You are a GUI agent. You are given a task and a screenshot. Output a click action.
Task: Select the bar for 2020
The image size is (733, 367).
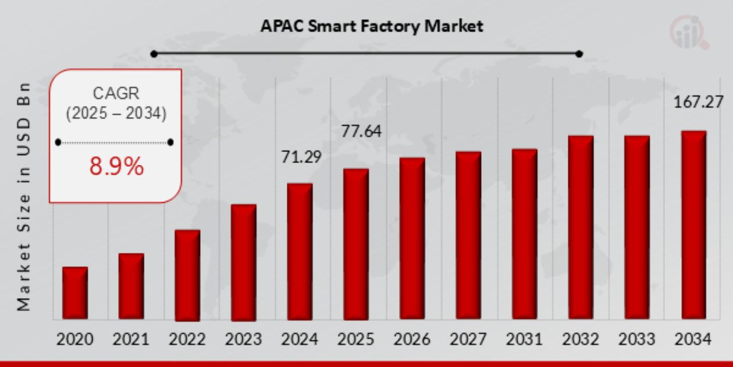point(75,293)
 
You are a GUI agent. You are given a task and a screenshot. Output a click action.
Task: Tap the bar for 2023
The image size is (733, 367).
point(244,262)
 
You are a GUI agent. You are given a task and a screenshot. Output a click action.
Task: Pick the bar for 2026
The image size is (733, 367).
point(412,239)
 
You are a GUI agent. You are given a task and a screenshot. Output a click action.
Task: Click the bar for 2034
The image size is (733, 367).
point(693,225)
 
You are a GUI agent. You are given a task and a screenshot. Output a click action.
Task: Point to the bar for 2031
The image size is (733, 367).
point(525,234)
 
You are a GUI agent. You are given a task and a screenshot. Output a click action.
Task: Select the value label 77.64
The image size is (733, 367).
point(361,132)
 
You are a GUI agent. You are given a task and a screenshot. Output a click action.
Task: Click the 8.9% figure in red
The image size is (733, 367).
point(116,167)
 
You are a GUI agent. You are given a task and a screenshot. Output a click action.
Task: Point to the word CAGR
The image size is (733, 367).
point(116,93)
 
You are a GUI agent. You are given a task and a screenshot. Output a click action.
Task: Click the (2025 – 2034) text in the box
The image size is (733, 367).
point(116,114)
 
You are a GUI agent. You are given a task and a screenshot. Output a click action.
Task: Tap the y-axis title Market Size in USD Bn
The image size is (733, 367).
point(23,195)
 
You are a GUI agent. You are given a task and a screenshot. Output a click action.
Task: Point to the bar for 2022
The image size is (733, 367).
point(187,275)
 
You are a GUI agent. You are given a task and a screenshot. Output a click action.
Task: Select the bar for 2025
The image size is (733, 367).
point(356,244)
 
